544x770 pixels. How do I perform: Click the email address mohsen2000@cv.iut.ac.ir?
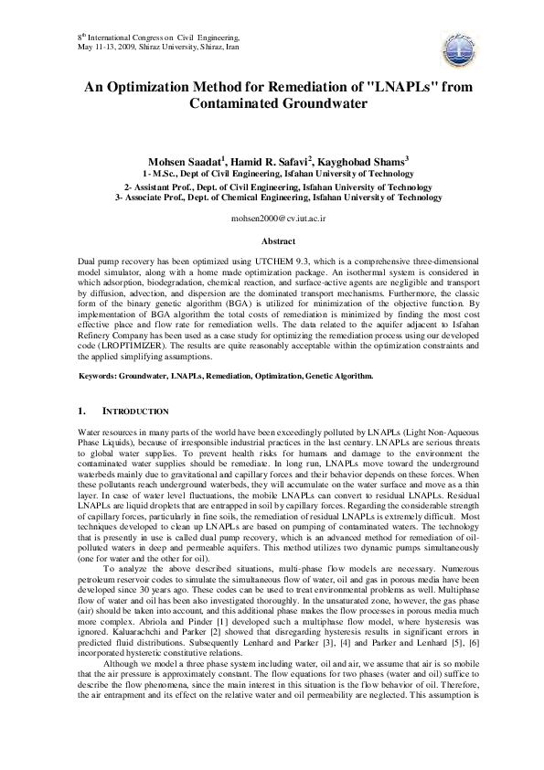272,220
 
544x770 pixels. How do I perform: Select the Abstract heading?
272,241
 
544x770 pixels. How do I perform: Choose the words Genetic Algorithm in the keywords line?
336,376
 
